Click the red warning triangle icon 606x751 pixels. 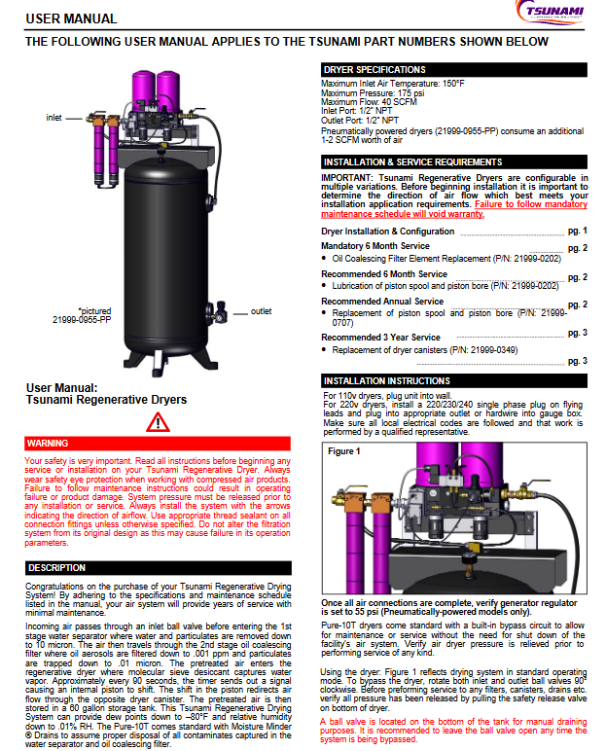coord(158,422)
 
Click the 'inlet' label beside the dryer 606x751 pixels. coord(54,118)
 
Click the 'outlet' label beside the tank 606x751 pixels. coord(261,311)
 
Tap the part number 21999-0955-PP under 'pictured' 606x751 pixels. coord(82,319)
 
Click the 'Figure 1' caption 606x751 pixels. coord(343,451)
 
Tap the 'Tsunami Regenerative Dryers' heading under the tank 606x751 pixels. coord(105,399)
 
